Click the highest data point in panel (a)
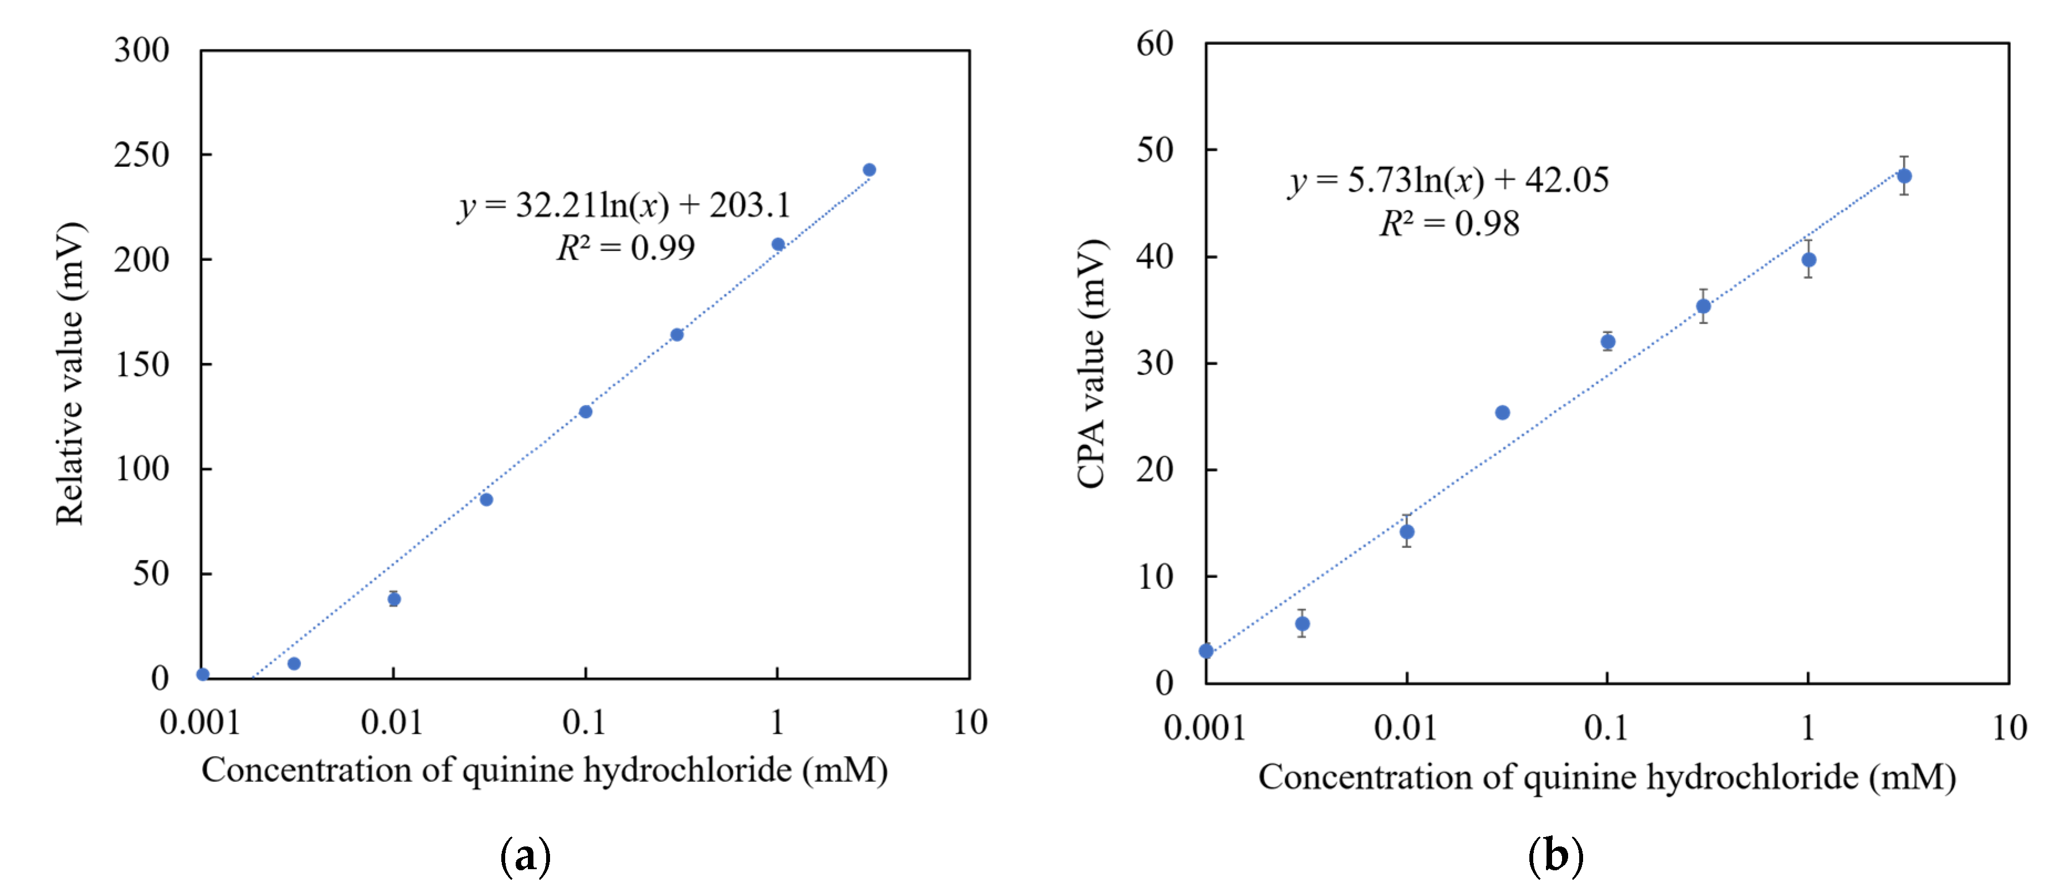point(869,170)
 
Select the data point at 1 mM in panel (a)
point(778,244)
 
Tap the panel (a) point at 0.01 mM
point(393,599)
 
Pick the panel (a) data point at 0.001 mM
point(203,674)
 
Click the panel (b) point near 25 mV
point(1503,413)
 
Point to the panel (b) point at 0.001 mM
point(1206,651)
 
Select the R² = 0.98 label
point(1449,223)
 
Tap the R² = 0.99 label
point(626,248)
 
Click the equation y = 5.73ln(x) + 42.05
point(1448,180)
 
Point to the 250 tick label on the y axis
point(142,155)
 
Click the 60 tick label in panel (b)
point(1155,43)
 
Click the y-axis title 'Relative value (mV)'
point(70,373)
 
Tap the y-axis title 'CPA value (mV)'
point(1091,364)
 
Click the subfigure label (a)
point(526,856)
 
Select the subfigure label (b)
point(1555,856)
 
